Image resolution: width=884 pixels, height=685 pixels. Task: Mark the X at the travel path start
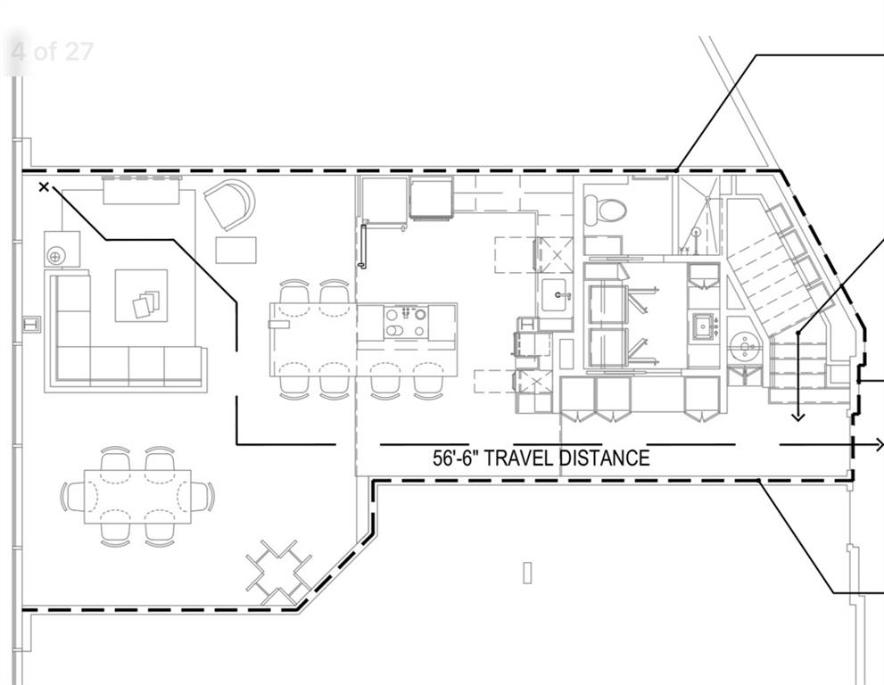point(45,186)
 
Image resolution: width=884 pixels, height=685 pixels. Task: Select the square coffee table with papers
point(141,296)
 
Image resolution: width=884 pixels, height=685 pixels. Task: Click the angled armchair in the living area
point(231,204)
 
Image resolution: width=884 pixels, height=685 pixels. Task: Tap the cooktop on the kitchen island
point(406,321)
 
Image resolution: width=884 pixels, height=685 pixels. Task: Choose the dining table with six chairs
point(137,496)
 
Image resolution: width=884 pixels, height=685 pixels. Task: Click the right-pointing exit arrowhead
point(878,444)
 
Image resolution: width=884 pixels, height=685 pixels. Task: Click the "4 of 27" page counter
point(52,51)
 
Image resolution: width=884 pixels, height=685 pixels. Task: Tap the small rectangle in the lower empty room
point(527,572)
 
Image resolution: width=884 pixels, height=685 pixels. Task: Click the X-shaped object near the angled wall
point(278,571)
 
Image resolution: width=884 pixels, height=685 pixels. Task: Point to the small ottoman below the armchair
point(235,250)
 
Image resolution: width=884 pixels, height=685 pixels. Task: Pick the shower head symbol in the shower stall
point(695,232)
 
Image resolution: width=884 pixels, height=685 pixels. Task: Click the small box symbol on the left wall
point(32,324)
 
